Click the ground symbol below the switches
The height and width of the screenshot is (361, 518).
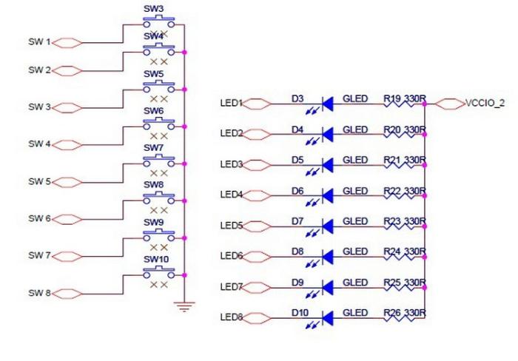(x=184, y=306)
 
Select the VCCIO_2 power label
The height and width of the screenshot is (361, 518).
(x=485, y=104)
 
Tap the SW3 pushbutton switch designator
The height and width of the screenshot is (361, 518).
(x=153, y=8)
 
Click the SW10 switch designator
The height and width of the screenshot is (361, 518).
(x=155, y=260)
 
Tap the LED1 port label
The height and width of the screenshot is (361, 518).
(x=232, y=103)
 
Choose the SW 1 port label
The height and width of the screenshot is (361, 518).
(x=39, y=42)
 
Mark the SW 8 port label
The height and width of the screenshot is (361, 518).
(x=39, y=294)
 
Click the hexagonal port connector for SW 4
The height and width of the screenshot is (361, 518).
(x=68, y=144)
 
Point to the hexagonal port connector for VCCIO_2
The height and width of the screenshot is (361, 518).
(x=449, y=104)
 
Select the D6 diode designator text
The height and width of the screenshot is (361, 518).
(x=297, y=190)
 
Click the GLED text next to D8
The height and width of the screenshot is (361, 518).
(x=355, y=252)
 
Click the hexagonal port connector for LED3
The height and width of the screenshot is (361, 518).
(x=257, y=164)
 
